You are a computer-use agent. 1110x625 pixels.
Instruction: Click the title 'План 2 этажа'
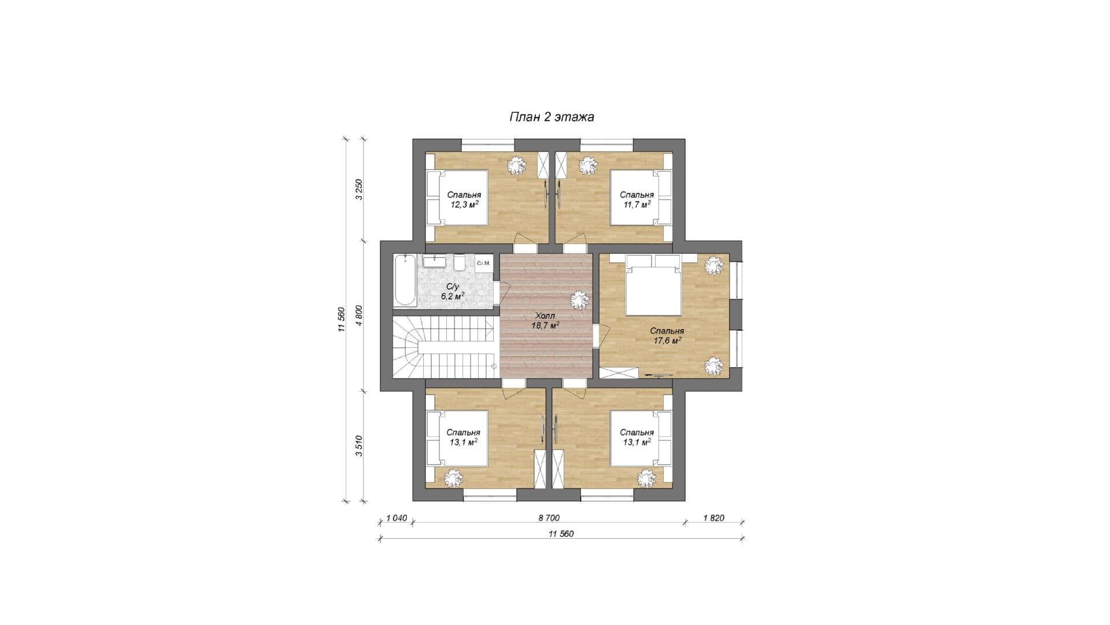552,117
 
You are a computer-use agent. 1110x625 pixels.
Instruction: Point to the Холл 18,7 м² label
545,321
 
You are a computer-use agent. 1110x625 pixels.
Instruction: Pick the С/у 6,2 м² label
453,291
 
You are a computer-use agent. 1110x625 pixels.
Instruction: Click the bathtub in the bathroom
405,280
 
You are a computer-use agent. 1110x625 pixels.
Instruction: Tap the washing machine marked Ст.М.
484,263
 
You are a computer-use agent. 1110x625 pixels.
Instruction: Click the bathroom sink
434,262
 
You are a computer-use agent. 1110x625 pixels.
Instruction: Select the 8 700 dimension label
549,518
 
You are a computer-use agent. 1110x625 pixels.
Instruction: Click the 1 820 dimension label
714,518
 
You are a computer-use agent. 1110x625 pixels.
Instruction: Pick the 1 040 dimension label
397,518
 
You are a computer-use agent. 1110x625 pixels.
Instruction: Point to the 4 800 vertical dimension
359,316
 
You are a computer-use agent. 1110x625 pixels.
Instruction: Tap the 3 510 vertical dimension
359,446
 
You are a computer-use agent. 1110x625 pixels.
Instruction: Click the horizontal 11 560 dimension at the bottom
561,534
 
